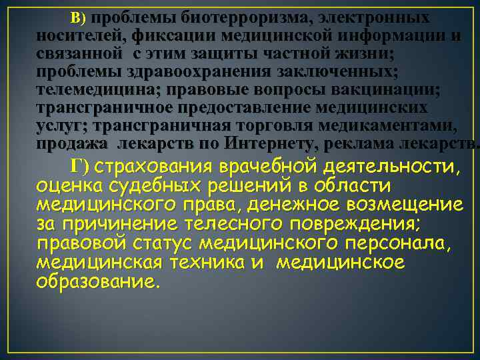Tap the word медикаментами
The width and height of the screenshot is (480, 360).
406,126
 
